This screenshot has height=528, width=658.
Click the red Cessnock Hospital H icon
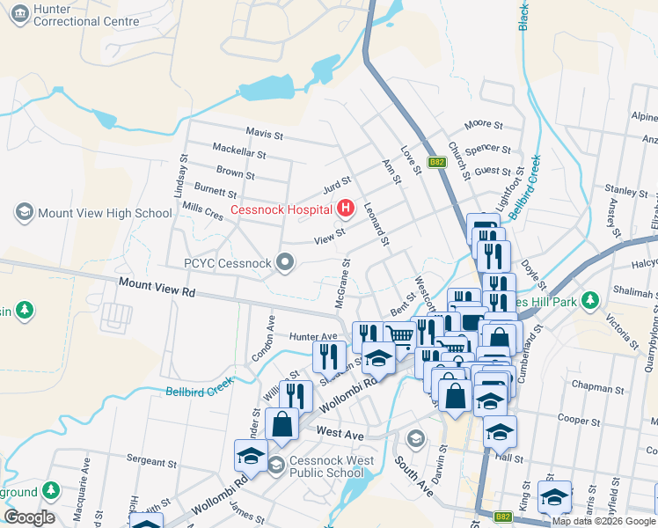[x=346, y=209]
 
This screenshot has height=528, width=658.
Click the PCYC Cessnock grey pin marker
[x=284, y=261]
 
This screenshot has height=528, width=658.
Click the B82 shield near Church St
[x=437, y=162]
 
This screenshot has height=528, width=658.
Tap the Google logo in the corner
[x=29, y=517]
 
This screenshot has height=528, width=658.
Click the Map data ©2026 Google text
[x=603, y=521]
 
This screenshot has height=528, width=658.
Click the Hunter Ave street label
[x=313, y=336]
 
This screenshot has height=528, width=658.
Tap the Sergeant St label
[x=145, y=460]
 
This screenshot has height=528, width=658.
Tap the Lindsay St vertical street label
[x=183, y=171]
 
